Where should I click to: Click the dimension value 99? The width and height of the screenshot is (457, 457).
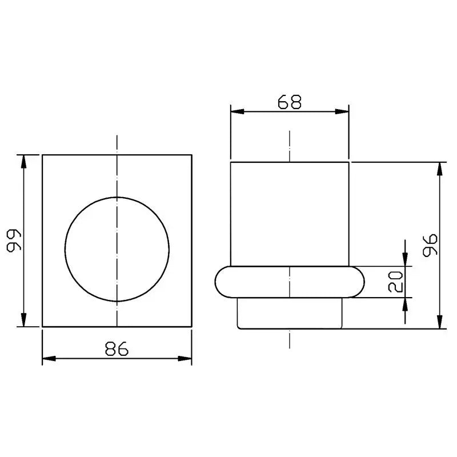point(14,240)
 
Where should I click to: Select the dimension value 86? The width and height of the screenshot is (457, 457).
point(117,348)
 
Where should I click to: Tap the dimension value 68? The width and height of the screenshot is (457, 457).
point(290,102)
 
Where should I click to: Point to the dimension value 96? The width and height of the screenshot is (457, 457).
point(430,245)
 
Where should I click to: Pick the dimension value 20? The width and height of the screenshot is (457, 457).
point(395,282)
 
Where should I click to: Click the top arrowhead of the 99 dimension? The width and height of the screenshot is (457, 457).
point(24,162)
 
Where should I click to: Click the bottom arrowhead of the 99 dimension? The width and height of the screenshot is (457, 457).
point(24,320)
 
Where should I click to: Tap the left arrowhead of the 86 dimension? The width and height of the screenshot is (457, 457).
point(49,359)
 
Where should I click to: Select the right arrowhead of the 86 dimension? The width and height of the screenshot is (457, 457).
point(185,359)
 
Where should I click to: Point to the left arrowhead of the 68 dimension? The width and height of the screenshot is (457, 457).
point(238,111)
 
